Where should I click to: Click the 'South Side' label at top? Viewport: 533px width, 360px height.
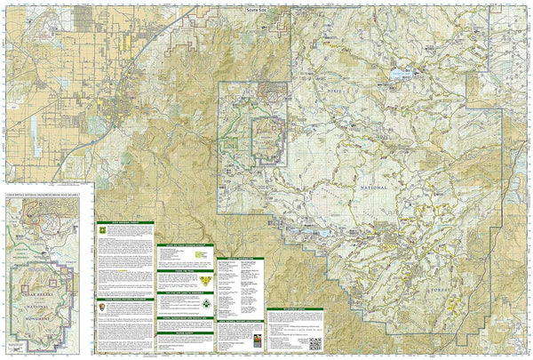[256, 8]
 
